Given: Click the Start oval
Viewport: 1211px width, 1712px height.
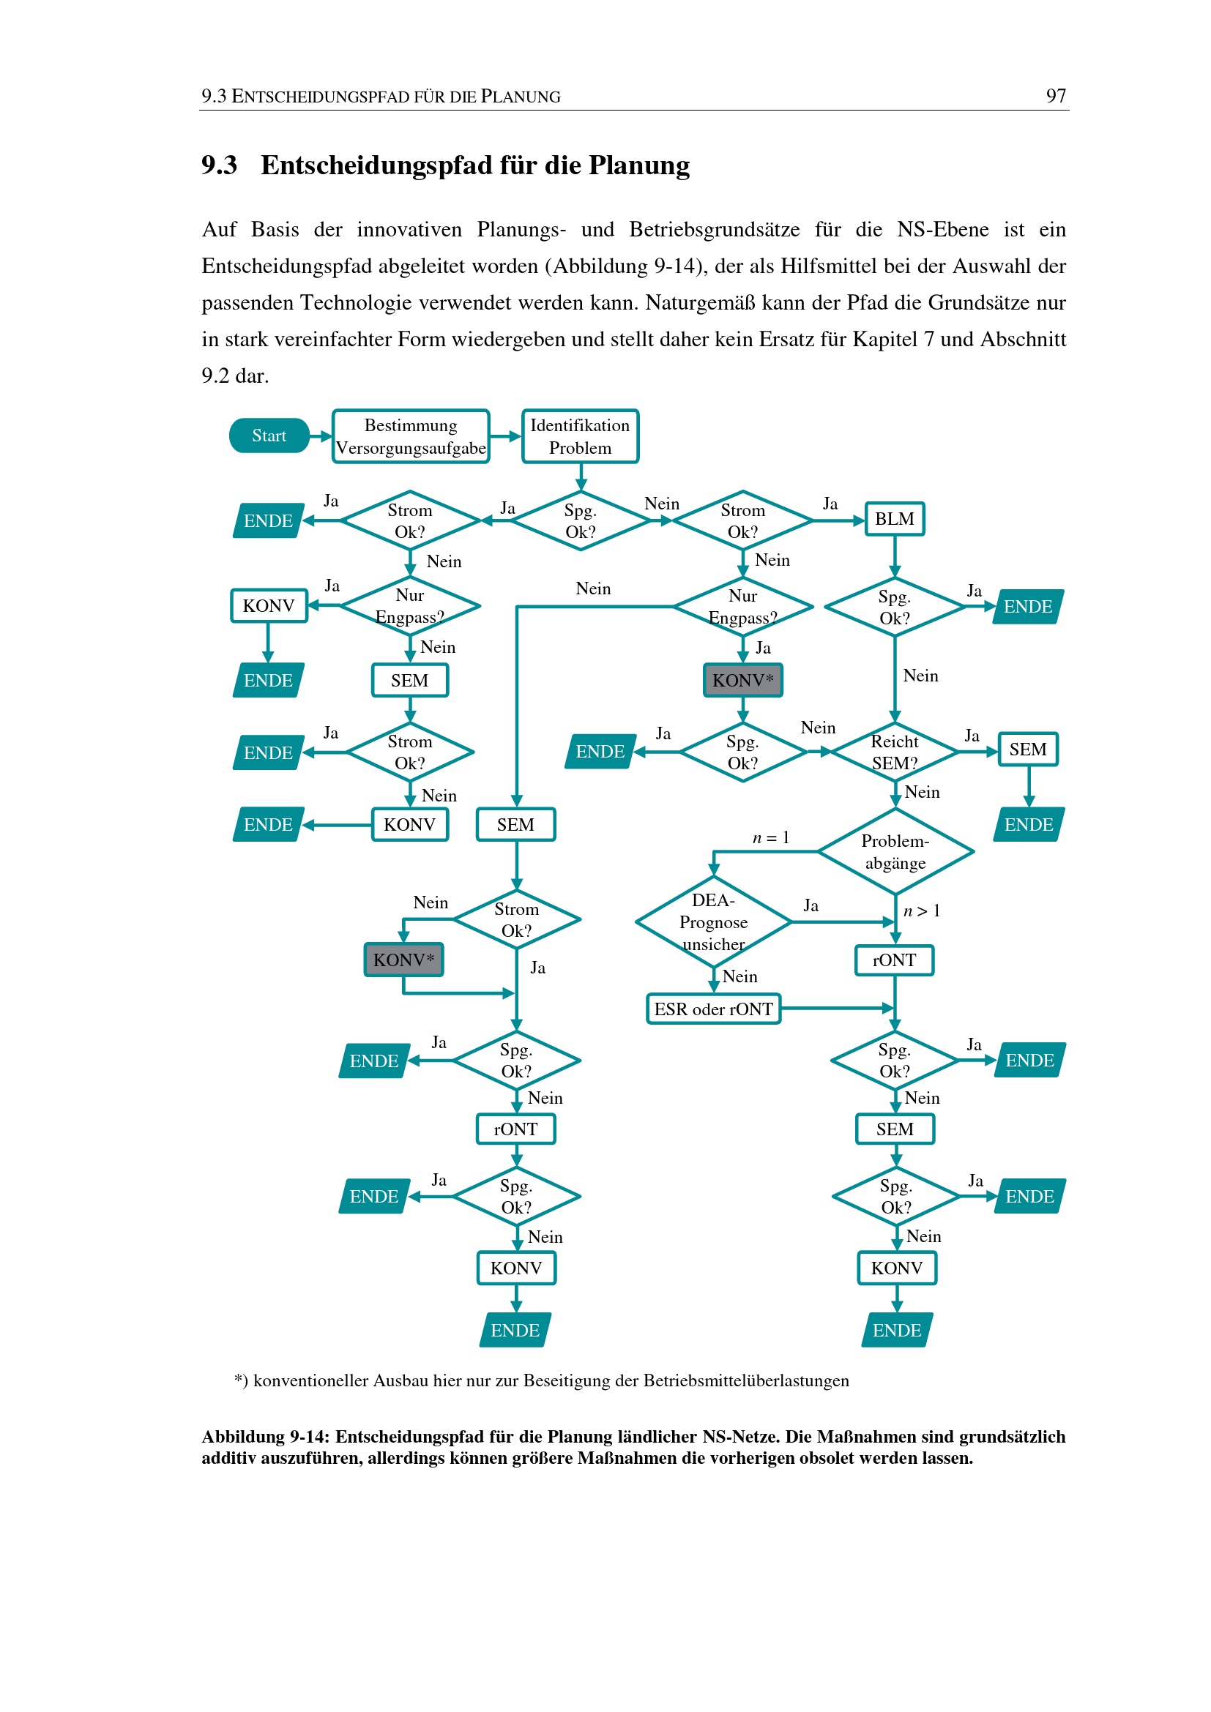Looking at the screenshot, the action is tap(269, 436).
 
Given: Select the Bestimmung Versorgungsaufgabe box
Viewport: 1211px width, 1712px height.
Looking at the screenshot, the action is tap(411, 436).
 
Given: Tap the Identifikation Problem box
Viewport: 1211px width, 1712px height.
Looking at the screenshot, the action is tap(580, 436).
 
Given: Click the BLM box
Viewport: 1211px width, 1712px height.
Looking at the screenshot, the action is tap(895, 519).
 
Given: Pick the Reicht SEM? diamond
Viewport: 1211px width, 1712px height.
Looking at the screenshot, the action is tap(895, 752).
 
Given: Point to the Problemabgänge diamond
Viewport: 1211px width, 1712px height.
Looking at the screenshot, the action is tap(895, 851).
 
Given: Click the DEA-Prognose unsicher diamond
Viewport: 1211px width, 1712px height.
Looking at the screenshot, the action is tap(714, 922).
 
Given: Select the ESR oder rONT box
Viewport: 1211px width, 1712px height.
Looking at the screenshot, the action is tap(714, 1009).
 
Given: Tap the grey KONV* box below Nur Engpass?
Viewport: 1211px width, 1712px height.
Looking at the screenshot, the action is tap(743, 680).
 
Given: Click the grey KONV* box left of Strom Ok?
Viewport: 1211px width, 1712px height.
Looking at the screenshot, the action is tap(403, 960).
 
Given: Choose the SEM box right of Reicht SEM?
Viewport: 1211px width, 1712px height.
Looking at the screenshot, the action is tap(1028, 750).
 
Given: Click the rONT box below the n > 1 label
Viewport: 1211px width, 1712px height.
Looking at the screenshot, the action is tap(895, 960).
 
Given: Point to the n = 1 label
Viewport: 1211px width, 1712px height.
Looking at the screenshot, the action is tap(770, 837).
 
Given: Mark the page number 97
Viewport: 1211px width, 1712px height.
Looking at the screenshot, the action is tap(1056, 95).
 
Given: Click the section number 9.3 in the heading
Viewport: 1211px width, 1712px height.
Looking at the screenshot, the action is tap(219, 165).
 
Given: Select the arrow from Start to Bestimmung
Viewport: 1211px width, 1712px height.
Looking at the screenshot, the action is tap(321, 436).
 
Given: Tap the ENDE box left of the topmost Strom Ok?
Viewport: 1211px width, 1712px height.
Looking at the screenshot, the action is tap(269, 520).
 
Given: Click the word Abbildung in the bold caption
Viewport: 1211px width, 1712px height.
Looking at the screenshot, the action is tap(243, 1437).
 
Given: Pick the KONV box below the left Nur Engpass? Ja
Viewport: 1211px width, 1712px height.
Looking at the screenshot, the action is tap(269, 605).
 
